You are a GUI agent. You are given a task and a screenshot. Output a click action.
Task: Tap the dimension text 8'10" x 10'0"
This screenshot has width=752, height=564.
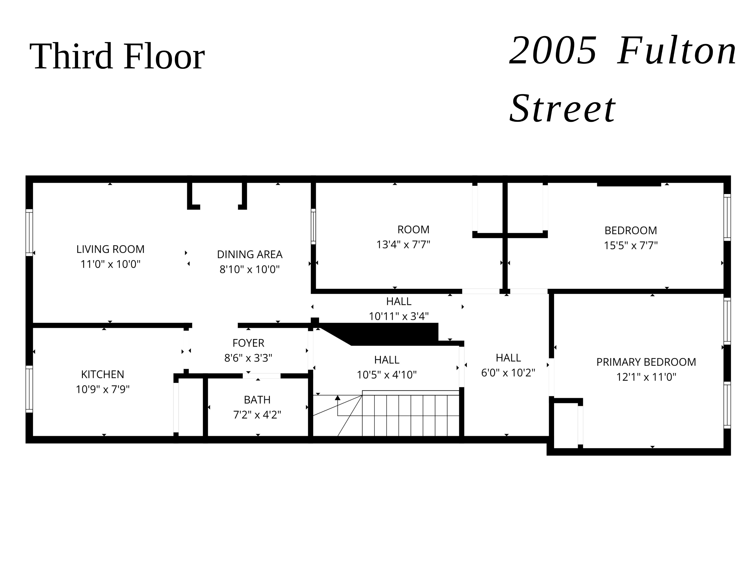[250, 269]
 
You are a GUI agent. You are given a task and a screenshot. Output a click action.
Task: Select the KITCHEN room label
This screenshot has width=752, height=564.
[102, 374]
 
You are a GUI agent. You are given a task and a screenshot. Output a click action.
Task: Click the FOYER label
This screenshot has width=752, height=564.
[248, 343]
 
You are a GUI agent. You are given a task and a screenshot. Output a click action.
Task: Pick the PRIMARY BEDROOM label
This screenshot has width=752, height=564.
[646, 362]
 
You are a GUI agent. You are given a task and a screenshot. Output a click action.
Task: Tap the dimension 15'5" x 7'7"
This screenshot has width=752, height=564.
[631, 245]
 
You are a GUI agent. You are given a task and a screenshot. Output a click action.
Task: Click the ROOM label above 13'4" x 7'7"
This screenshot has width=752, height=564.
[413, 230]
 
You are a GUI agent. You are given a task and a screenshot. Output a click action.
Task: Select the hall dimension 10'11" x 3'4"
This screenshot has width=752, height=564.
[398, 316]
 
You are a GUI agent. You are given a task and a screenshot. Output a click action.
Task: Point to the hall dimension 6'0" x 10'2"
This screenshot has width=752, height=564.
[508, 373]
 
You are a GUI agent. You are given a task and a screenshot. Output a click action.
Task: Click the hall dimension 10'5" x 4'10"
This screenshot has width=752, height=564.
[386, 375]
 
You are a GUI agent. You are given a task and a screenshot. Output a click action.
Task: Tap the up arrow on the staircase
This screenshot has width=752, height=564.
[338, 398]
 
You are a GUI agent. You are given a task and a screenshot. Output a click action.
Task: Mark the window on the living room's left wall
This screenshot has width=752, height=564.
[30, 233]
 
